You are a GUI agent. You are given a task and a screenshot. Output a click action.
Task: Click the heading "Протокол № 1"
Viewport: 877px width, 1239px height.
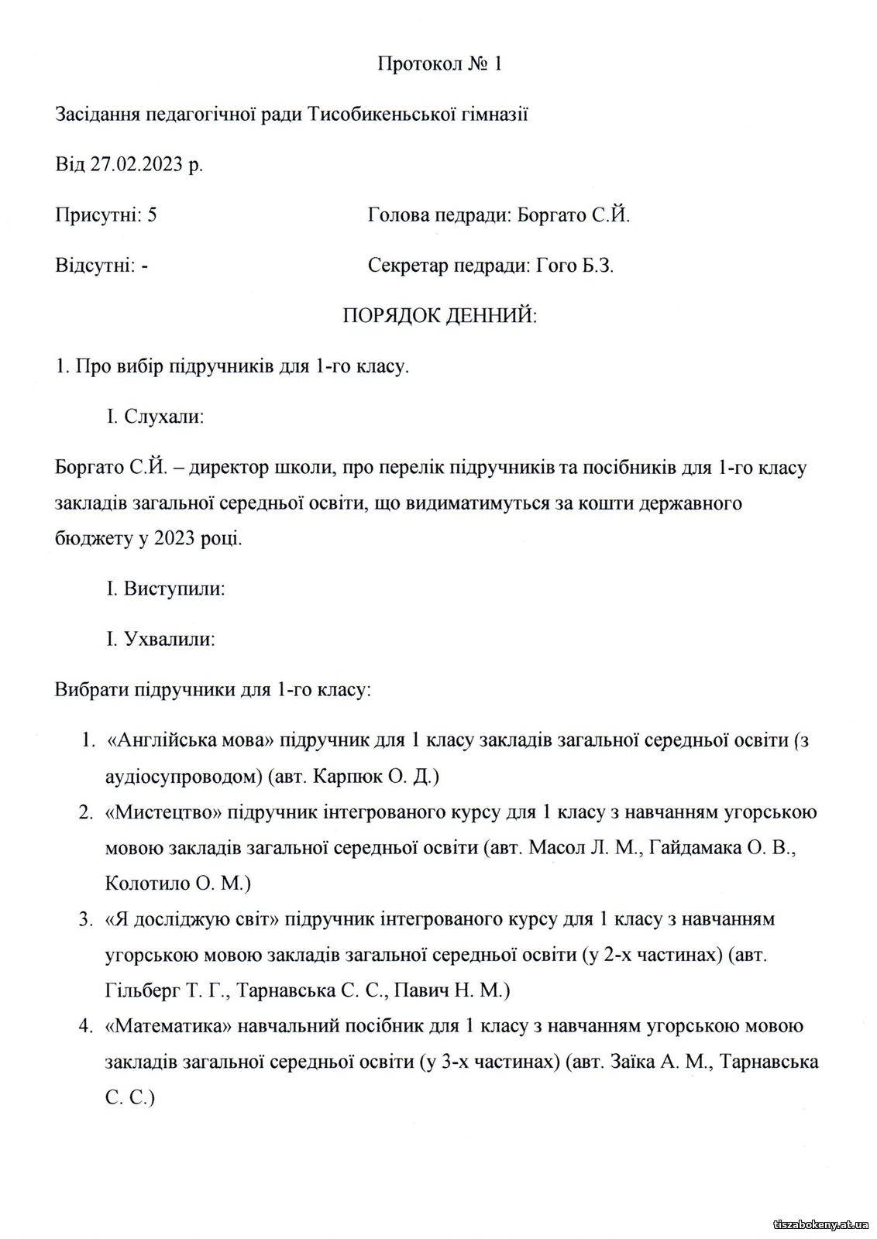pyautogui.click(x=439, y=63)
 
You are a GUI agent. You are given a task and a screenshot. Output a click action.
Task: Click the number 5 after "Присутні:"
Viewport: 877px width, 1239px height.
pyautogui.click(x=152, y=215)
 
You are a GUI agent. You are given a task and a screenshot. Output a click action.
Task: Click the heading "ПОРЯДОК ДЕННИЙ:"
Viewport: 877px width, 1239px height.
pyautogui.click(x=439, y=316)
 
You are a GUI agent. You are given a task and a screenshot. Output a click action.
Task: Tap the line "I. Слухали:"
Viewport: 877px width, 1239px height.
pyautogui.click(x=156, y=417)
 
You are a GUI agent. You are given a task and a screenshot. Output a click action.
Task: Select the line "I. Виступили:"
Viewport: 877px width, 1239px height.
pyautogui.click(x=166, y=589)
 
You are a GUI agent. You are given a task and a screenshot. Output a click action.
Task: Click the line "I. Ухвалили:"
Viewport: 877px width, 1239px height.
pyautogui.click(x=160, y=640)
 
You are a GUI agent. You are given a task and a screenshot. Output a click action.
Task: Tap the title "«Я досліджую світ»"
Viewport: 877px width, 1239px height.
pyautogui.click(x=191, y=919)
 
